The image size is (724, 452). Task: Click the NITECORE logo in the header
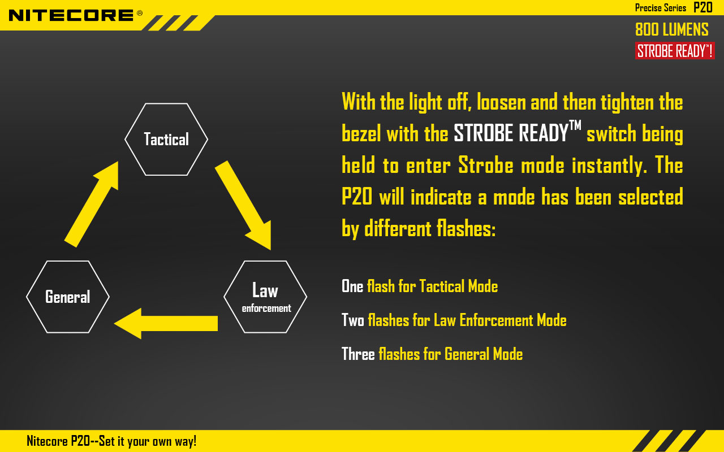click(71, 15)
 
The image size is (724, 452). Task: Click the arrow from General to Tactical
click(92, 205)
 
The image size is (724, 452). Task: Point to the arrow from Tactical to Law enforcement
click(243, 205)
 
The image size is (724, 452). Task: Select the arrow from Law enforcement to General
click(166, 324)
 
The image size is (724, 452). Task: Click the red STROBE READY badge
click(675, 51)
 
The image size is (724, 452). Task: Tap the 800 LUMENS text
click(671, 29)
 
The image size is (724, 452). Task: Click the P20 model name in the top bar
click(703, 7)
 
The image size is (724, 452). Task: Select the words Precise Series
click(660, 8)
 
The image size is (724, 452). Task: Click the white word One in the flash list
click(352, 286)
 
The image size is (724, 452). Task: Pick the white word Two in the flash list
click(353, 320)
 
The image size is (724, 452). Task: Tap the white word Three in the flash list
click(358, 354)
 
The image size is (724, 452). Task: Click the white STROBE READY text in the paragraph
click(518, 132)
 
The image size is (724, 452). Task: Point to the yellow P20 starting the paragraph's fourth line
click(357, 196)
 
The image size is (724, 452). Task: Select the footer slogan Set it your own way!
click(148, 441)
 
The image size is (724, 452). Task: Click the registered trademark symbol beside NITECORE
click(140, 13)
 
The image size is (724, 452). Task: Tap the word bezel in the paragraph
click(361, 133)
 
